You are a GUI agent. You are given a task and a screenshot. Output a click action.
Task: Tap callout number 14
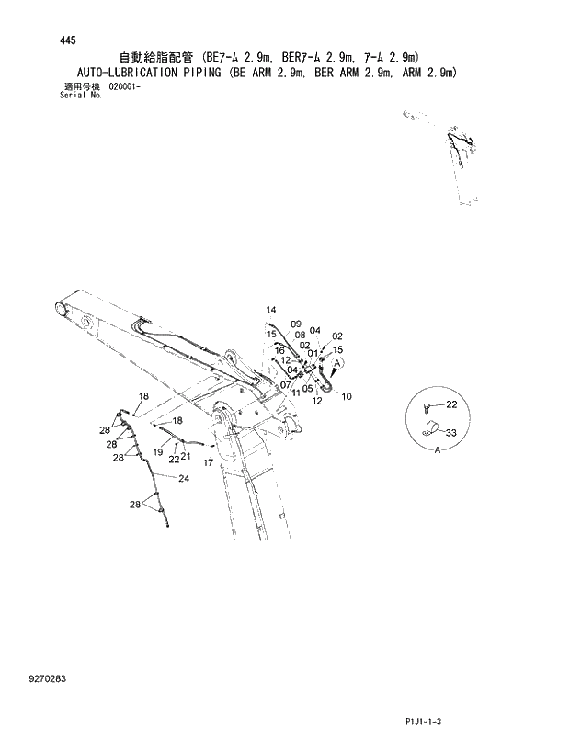pos(271,309)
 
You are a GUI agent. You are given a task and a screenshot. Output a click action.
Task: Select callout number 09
pos(296,324)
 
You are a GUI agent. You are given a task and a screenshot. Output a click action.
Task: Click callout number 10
pos(346,396)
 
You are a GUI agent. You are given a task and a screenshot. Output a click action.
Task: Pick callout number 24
pos(184,478)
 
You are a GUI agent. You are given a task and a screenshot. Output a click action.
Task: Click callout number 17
pos(209,462)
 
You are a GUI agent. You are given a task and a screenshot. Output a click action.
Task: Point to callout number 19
pos(158,452)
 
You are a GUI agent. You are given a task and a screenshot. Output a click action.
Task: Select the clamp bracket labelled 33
pos(426,428)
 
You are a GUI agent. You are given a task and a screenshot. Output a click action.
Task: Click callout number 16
pos(279,350)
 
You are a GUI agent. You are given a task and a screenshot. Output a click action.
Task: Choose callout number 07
pos(286,384)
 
